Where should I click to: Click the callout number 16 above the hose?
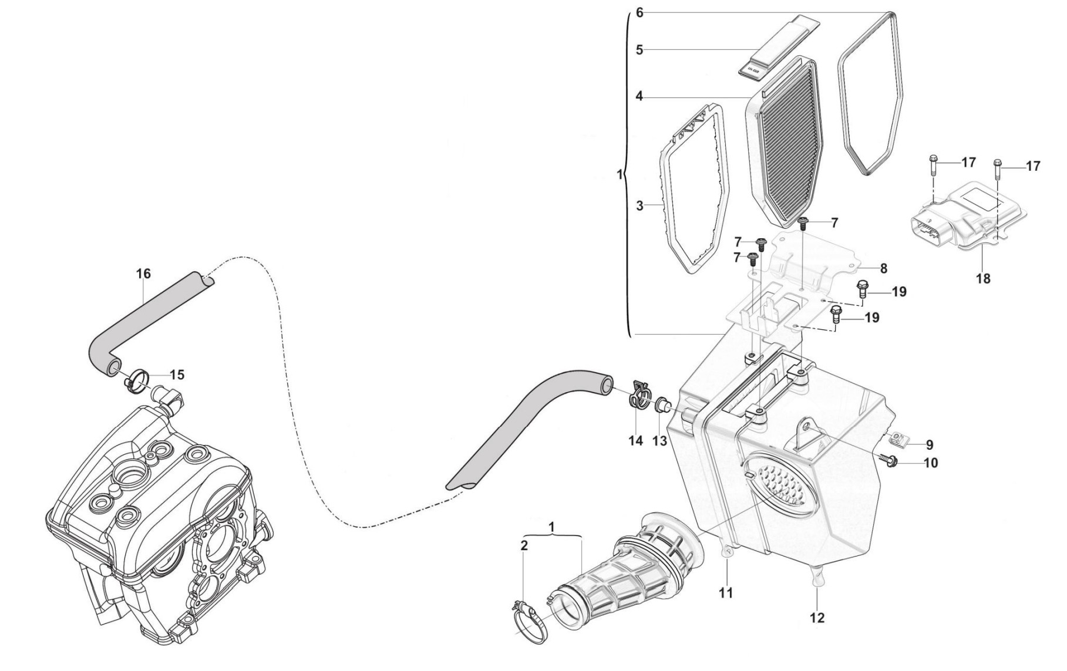(143, 274)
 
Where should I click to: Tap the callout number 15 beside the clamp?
(177, 375)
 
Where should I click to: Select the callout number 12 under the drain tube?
(817, 617)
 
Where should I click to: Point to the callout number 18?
(983, 278)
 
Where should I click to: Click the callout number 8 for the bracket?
(883, 269)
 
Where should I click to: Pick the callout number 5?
(639, 50)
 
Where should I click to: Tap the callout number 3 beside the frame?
(640, 206)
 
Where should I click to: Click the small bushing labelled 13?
(661, 405)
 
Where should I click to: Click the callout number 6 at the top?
(639, 12)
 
